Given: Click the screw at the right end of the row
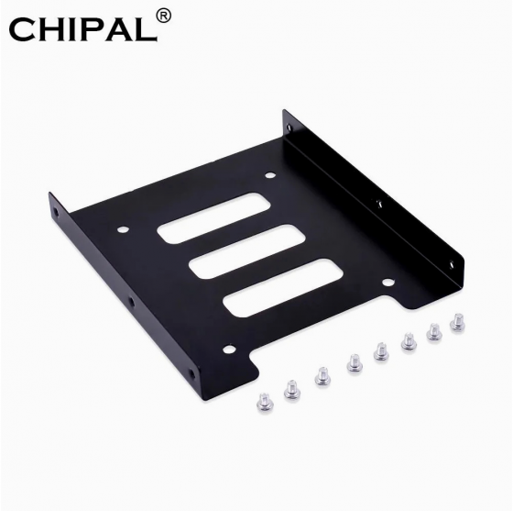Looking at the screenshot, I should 457,322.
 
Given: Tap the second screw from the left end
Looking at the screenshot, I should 292,389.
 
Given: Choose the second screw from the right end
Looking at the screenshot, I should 433,331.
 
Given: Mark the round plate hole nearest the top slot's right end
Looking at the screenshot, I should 270,175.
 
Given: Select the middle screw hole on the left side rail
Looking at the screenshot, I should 131,302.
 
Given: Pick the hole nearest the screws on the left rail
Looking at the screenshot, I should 191,374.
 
